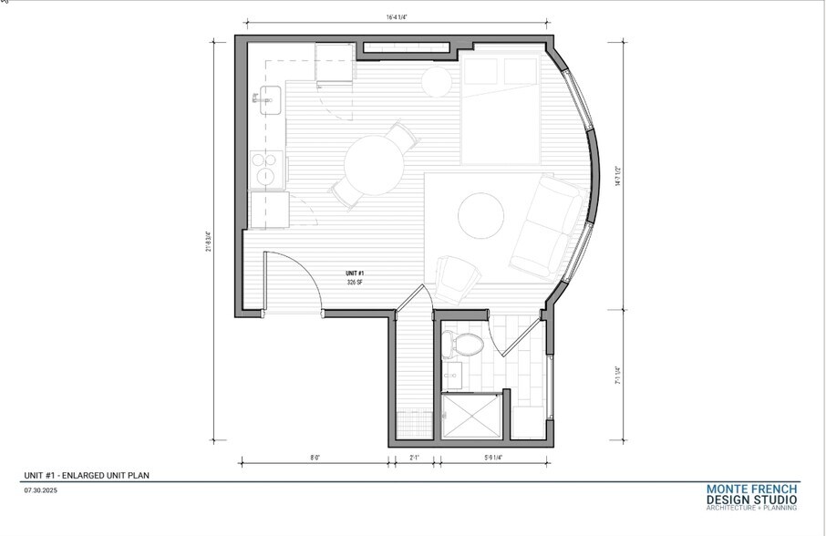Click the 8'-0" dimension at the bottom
[315, 458]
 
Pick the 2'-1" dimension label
[414, 458]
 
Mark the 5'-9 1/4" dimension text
[493, 458]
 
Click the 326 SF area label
[355, 283]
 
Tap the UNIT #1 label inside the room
[355, 273]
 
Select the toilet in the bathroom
[465, 345]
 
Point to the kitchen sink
[270, 101]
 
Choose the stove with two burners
[265, 170]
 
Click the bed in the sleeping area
[504, 109]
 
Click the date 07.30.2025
[40, 490]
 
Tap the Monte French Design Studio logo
[752, 496]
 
